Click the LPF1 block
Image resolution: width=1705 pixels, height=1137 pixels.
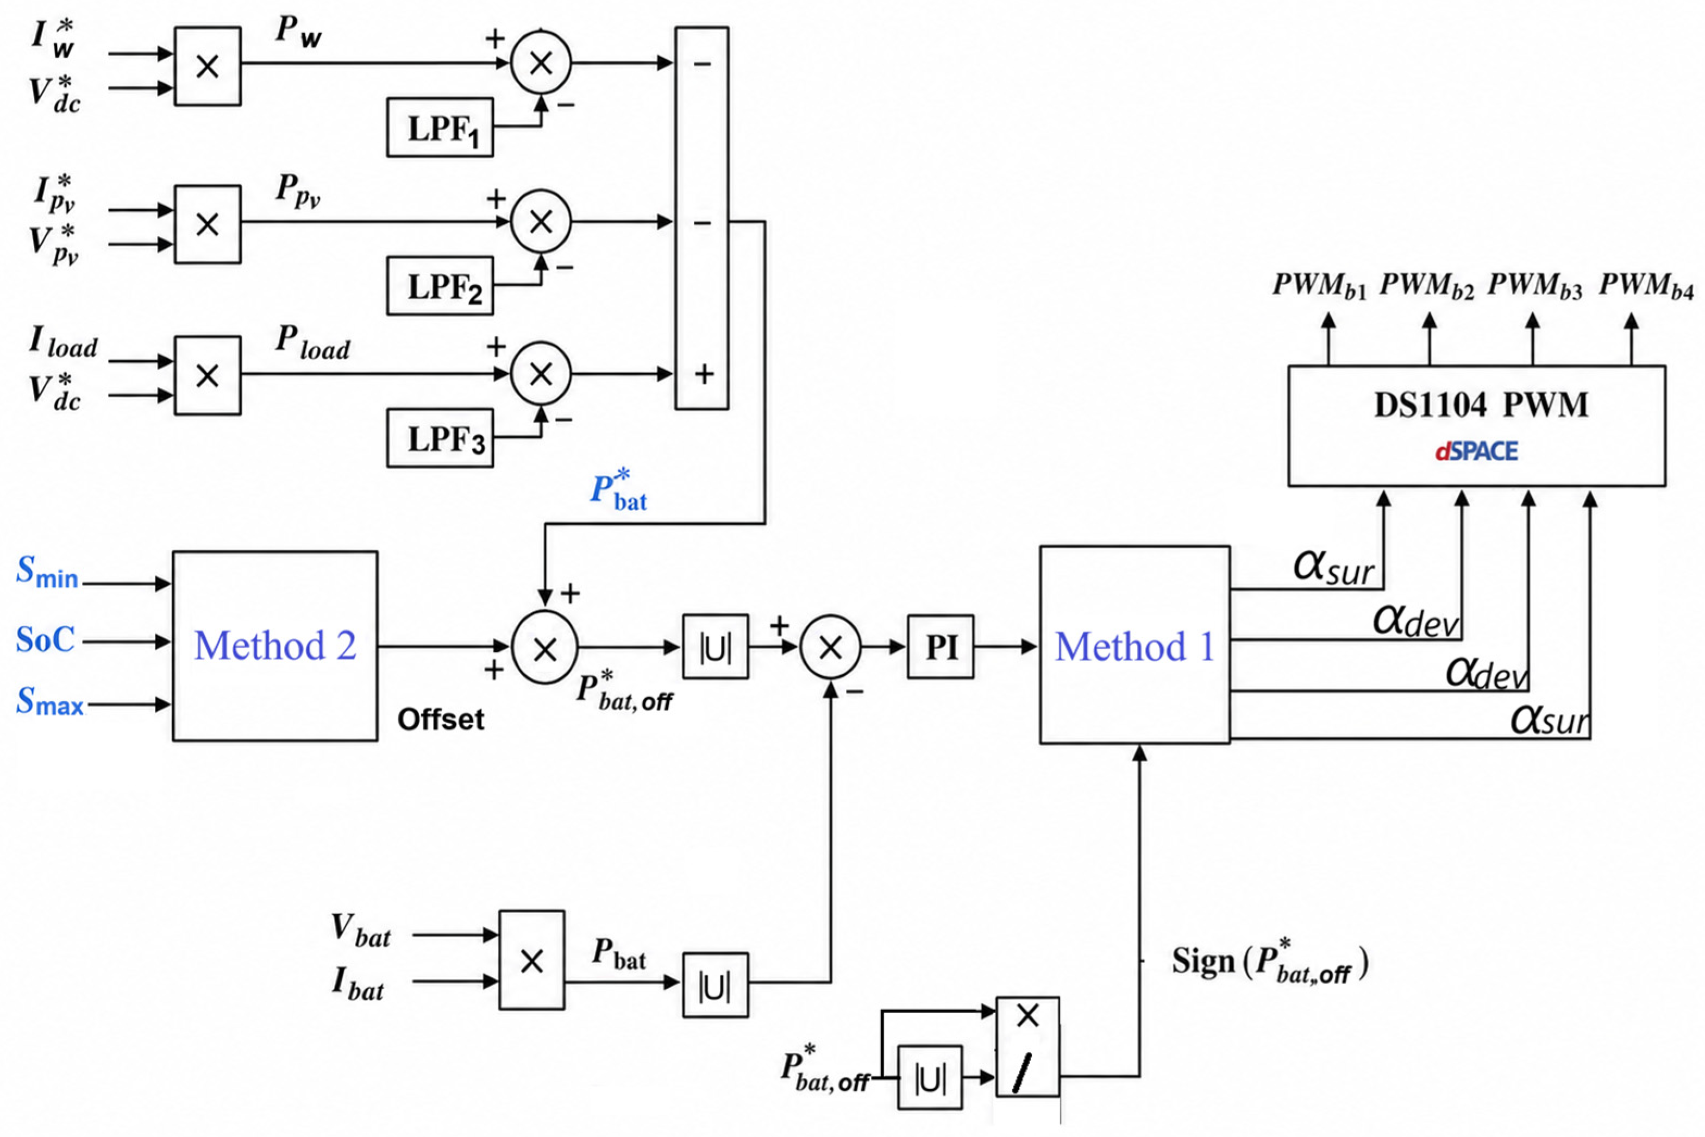click(440, 128)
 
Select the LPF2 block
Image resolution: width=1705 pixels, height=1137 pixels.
click(440, 286)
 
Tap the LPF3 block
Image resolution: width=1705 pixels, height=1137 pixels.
click(440, 438)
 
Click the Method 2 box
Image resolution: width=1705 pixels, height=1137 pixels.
click(275, 646)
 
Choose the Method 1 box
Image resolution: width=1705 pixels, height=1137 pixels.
click(1135, 645)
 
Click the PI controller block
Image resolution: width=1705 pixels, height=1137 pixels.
click(941, 647)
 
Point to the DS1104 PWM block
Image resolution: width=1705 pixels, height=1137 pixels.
click(1477, 426)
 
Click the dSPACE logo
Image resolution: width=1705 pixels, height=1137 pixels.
click(1477, 452)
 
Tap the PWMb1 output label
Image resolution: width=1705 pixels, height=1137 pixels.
click(1320, 286)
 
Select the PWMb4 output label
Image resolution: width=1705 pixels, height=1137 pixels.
click(1646, 286)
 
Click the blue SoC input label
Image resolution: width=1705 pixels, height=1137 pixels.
click(45, 639)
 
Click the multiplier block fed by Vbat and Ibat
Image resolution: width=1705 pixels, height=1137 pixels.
click(531, 960)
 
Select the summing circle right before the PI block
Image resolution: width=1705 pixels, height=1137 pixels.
click(830, 648)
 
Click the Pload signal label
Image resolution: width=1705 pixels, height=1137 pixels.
click(312, 342)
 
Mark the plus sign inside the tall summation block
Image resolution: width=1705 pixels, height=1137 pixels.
click(704, 374)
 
